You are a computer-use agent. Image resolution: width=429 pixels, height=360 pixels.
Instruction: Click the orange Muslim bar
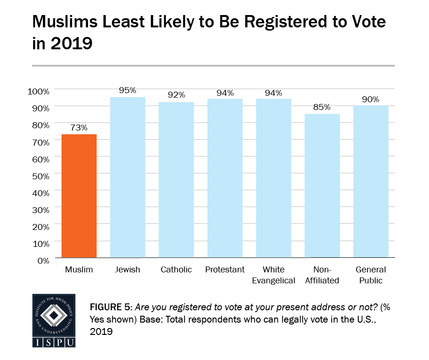pyautogui.click(x=79, y=196)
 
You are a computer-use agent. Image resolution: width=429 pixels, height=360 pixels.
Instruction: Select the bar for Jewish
pyautogui.click(x=128, y=177)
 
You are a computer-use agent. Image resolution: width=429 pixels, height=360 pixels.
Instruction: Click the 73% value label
pyautogui.click(x=79, y=127)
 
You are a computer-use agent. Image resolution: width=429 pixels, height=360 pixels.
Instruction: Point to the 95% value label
pyautogui.click(x=128, y=90)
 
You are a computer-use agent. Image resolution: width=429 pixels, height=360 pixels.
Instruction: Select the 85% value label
pyautogui.click(x=322, y=107)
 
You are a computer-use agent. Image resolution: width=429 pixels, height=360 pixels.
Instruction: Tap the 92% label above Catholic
pyautogui.click(x=176, y=95)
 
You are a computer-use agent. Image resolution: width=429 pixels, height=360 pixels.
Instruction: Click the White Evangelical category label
pyautogui.click(x=274, y=275)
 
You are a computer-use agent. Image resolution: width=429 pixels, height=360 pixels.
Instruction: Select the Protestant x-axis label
pyautogui.click(x=225, y=270)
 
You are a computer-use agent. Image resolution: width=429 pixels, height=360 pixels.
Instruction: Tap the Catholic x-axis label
pyautogui.click(x=176, y=270)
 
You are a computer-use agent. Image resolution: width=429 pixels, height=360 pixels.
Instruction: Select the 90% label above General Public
pyautogui.click(x=371, y=99)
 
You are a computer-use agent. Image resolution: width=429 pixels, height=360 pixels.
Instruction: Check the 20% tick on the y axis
pyautogui.click(x=40, y=226)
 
